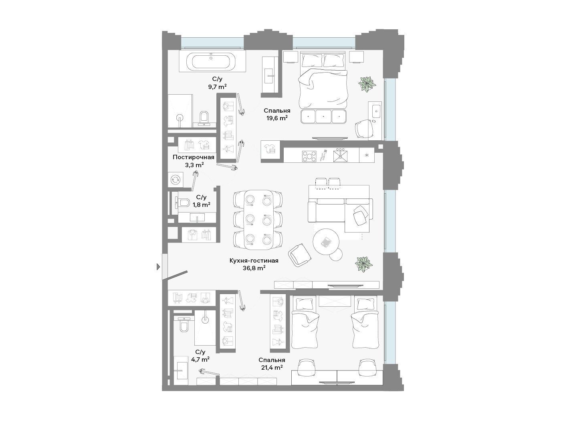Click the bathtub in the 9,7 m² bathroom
tap(211, 61)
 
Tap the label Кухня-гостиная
tap(254, 261)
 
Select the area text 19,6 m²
tap(277, 118)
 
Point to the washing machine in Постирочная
tap(176, 180)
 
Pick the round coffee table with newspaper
tap(326, 241)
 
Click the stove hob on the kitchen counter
tap(309, 156)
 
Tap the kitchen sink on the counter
tap(341, 156)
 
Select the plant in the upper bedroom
tap(367, 84)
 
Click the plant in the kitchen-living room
tap(364, 265)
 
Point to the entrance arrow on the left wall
tap(158, 267)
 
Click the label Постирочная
tap(194, 157)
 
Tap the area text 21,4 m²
tap(271, 368)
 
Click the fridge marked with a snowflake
tap(367, 155)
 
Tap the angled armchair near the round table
tap(300, 255)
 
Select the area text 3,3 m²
tap(194, 165)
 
